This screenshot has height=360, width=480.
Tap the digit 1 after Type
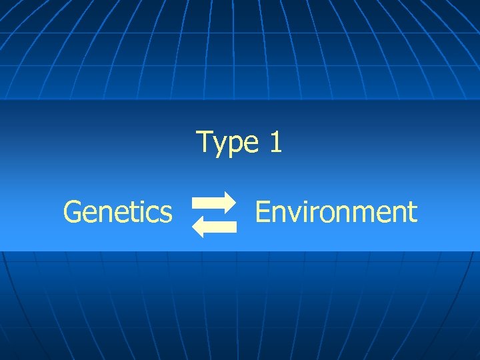(275, 142)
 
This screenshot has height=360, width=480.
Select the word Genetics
(117, 212)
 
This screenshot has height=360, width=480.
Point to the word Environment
(336, 212)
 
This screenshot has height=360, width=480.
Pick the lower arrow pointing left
(215, 227)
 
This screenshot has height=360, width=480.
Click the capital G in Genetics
(71, 212)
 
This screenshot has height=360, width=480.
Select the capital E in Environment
(262, 212)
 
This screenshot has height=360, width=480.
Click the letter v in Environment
(291, 214)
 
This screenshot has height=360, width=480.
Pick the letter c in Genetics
(154, 214)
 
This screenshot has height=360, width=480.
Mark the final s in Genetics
(167, 214)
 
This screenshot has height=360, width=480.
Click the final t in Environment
(413, 213)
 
